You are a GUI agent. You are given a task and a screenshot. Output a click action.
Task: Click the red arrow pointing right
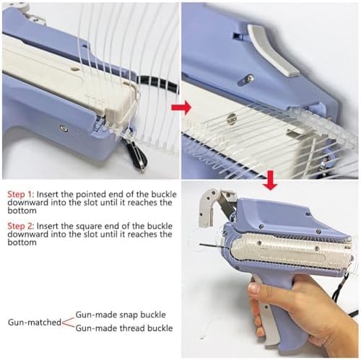(x=181, y=107)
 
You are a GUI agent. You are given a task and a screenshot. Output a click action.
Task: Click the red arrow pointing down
(x=271, y=180)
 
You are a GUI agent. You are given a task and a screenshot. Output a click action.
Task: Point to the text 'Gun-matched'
(x=35, y=322)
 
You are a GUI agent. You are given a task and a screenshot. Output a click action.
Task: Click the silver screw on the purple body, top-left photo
(x=64, y=128)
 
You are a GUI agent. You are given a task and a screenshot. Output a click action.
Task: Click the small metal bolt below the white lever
(x=245, y=80)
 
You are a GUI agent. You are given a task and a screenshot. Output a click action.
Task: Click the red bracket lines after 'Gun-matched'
(x=69, y=322)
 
